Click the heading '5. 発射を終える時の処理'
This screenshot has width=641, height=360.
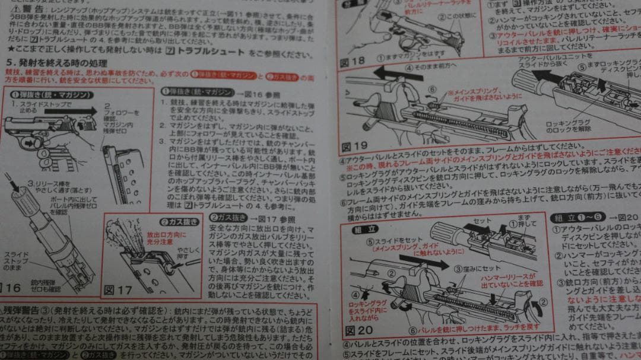pyautogui.click(x=57, y=62)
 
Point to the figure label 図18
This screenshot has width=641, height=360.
pyautogui.click(x=353, y=61)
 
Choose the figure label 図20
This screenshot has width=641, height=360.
pyautogui.click(x=358, y=330)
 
